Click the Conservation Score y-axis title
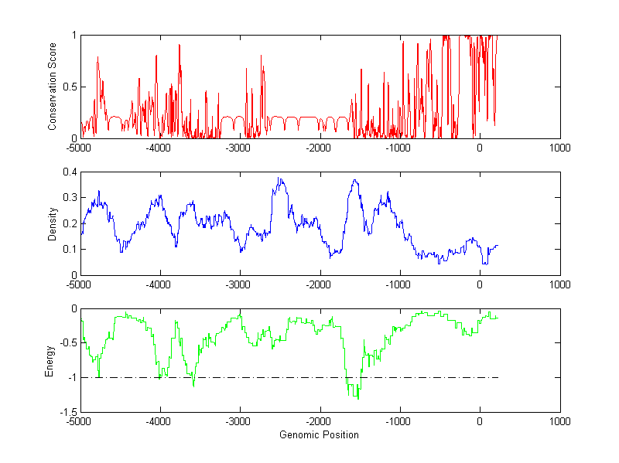click(52, 87)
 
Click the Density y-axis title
click(52, 224)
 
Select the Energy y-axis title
click(52, 361)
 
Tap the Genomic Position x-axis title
click(319, 434)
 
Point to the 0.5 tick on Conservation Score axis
click(70, 87)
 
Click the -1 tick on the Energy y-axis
click(72, 378)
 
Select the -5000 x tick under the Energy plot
click(79, 422)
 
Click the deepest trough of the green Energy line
click(357, 399)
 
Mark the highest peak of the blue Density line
click(279, 178)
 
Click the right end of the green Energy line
click(498, 317)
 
